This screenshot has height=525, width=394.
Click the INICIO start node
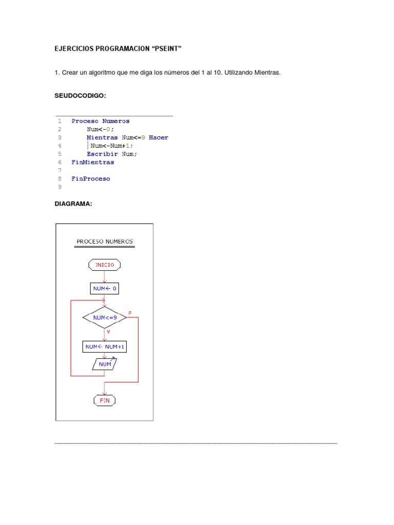[x=105, y=265]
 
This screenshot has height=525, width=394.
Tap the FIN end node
[x=105, y=400]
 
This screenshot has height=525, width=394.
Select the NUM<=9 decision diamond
[x=105, y=318]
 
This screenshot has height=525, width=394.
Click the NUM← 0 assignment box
[x=105, y=289]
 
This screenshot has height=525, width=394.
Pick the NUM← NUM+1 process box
[x=105, y=347]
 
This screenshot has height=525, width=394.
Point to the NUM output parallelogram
[x=105, y=365]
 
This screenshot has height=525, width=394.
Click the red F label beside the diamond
[x=130, y=312]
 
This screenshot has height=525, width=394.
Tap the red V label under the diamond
[x=108, y=332]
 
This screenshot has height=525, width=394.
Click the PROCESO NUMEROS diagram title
[x=105, y=241]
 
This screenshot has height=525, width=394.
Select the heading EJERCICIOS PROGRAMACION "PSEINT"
[x=119, y=49]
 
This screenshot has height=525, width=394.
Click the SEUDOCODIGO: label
[x=81, y=96]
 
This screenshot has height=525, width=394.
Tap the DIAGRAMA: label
[x=73, y=204]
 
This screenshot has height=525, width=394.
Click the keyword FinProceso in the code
[x=91, y=179]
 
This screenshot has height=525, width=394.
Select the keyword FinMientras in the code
[x=93, y=163]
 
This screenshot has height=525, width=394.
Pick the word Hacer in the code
[x=159, y=137]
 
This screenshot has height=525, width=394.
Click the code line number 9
[x=60, y=187]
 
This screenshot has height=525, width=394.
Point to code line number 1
[x=60, y=121]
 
